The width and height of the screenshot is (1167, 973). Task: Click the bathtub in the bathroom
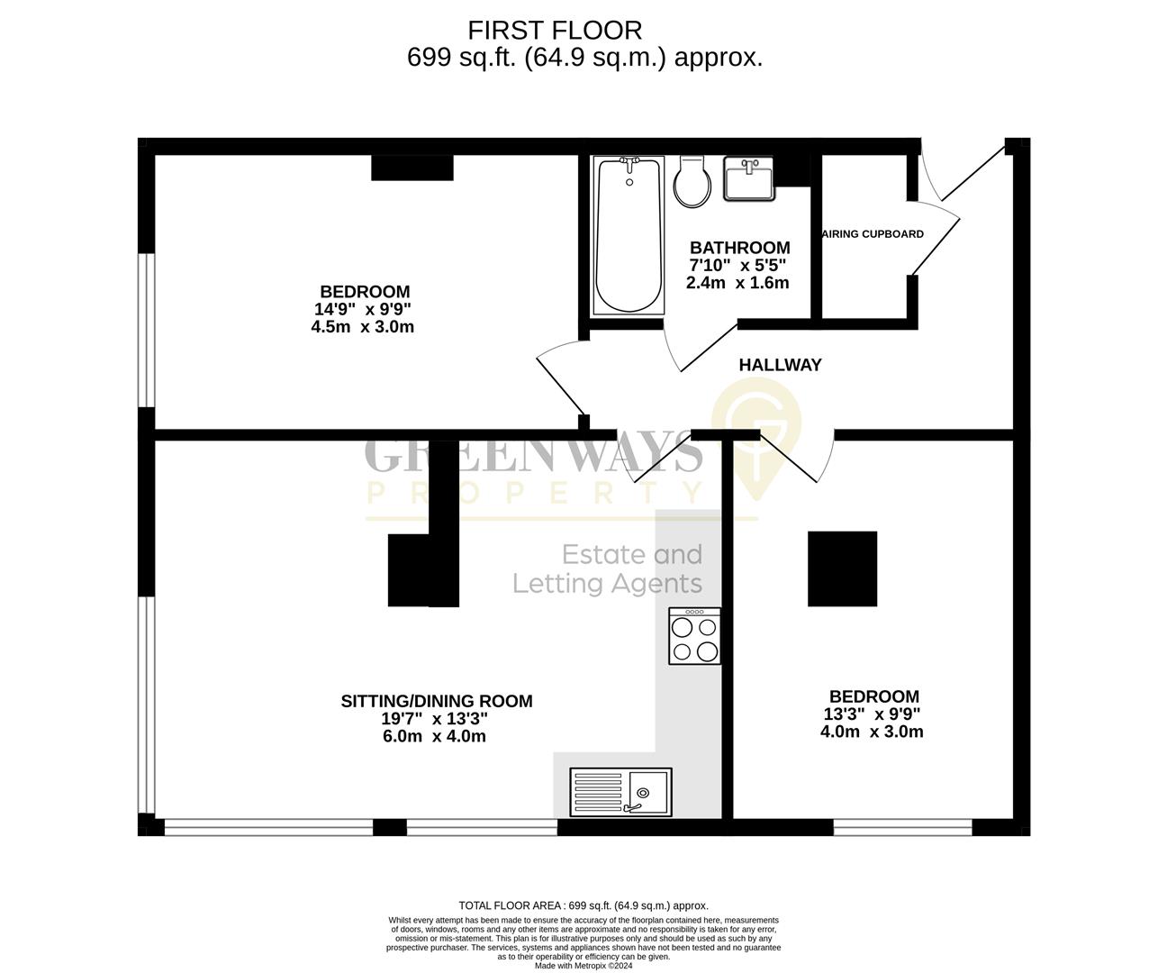(x=628, y=236)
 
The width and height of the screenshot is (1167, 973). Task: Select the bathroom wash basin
(x=747, y=179)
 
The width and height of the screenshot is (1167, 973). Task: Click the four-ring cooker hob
(x=694, y=636)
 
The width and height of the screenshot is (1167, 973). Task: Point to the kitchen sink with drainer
(x=620, y=791)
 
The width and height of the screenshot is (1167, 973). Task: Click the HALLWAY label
(x=780, y=365)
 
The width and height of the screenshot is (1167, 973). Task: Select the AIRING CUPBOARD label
(x=873, y=234)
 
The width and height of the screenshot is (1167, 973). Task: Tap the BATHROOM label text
(x=739, y=248)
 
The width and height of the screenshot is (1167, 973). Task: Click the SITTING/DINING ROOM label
(x=436, y=701)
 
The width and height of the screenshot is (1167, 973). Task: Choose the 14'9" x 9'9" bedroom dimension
(x=363, y=309)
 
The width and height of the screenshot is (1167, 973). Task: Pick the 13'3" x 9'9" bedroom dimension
(x=872, y=714)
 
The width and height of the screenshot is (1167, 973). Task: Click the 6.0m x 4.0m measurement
(x=434, y=736)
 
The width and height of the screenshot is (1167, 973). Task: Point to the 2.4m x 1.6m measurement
(x=737, y=282)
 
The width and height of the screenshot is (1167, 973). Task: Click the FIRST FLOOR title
(x=555, y=31)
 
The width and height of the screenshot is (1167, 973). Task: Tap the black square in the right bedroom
(x=842, y=568)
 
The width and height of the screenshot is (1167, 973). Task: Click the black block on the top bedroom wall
(x=412, y=168)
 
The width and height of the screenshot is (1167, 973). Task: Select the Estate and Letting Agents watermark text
(x=608, y=568)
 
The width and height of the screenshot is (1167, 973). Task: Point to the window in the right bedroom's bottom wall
(x=902, y=826)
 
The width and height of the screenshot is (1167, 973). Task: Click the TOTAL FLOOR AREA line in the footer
(x=583, y=905)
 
